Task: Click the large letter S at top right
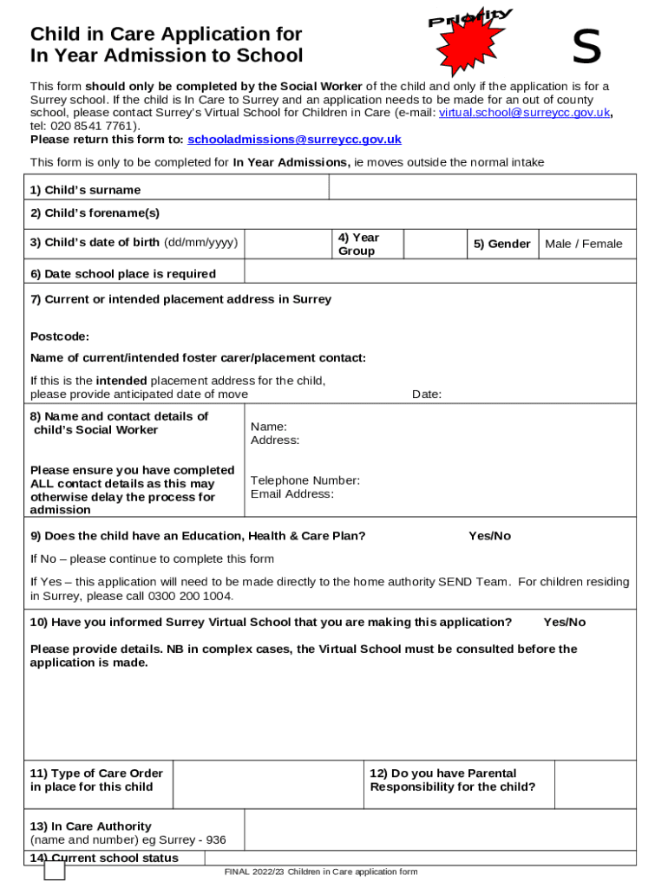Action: (587, 48)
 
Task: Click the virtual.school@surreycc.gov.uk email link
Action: (525, 113)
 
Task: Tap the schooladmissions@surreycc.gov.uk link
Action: (294, 139)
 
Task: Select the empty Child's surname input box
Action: (482, 187)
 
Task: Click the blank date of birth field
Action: (286, 244)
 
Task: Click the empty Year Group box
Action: (434, 244)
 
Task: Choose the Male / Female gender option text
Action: (583, 244)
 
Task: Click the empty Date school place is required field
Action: (440, 272)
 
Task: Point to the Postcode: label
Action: (60, 336)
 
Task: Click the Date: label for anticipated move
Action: (427, 395)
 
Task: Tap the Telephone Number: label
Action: (305, 480)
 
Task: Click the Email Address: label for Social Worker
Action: (292, 494)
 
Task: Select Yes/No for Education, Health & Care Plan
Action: (489, 536)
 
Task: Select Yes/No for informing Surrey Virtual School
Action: (564, 623)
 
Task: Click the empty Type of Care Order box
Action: (267, 785)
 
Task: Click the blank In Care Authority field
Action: (440, 830)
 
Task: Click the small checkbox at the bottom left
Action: (55, 870)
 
